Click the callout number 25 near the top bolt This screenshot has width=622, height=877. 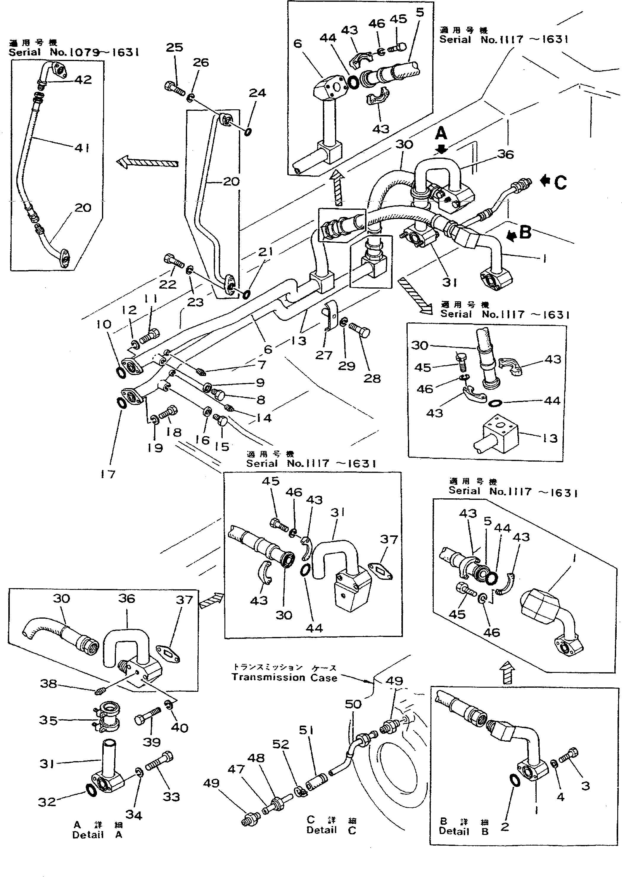[x=174, y=47]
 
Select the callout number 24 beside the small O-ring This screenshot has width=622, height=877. [x=257, y=93]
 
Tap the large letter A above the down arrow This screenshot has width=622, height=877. [x=441, y=134]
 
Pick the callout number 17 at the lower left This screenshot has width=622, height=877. [x=108, y=474]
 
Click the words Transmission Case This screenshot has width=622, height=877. [x=284, y=677]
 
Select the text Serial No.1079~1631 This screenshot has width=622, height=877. [x=74, y=52]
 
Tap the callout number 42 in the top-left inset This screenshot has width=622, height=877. [x=83, y=80]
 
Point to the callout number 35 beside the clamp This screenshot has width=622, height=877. [x=48, y=720]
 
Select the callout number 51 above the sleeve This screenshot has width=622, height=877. [x=306, y=730]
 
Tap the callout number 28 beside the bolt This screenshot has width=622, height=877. [x=372, y=379]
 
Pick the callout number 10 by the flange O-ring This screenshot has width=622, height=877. [x=103, y=324]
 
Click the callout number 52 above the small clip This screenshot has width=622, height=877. [x=280, y=744]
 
